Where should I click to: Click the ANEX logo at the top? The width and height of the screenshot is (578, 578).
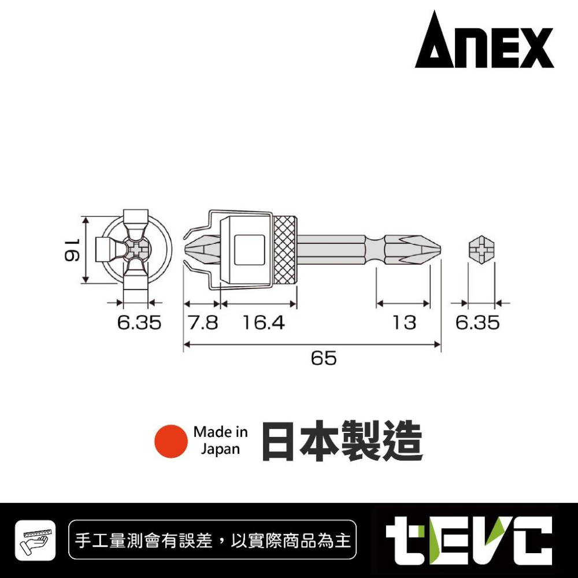(484, 41)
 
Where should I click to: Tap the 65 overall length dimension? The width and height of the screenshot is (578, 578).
(323, 358)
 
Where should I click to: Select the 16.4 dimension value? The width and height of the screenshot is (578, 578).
(264, 323)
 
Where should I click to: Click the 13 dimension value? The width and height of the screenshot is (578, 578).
(404, 323)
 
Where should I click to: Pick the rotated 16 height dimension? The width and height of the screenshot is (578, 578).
(72, 250)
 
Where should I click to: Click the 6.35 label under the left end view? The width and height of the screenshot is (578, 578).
(139, 323)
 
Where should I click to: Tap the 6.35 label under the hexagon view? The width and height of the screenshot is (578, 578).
(477, 323)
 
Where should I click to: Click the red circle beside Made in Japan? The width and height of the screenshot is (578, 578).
(171, 441)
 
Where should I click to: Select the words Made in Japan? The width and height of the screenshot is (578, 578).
(220, 440)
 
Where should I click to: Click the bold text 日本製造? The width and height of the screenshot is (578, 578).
(342, 441)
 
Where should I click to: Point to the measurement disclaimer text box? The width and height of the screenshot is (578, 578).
(213, 541)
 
